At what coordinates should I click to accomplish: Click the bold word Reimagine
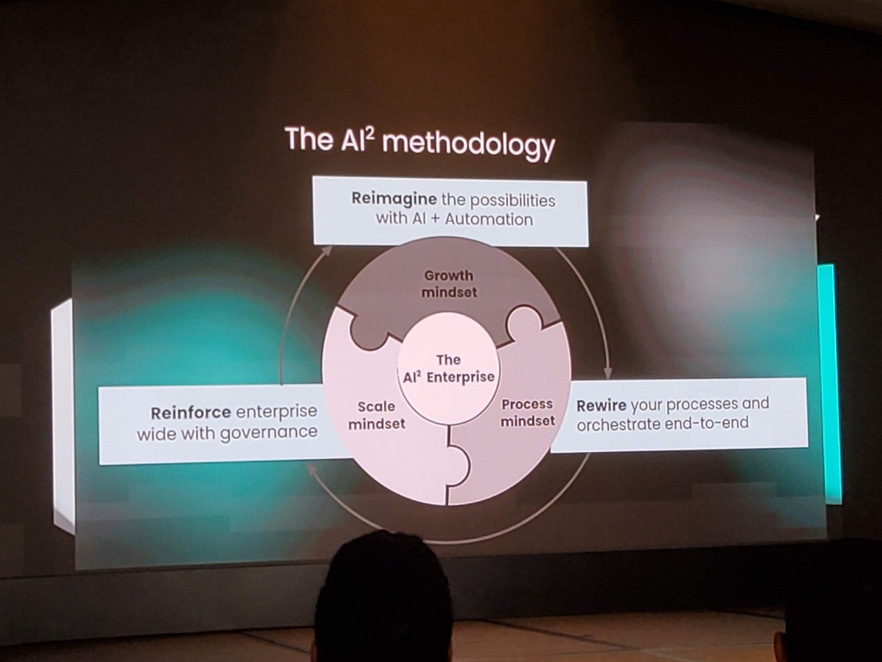pos(394,199)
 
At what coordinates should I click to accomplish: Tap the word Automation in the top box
pos(489,218)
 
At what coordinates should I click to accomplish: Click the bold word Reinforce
pos(191,412)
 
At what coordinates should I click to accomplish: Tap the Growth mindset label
pos(449,283)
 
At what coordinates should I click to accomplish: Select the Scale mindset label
pos(376,415)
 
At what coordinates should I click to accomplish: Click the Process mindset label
pos(527,412)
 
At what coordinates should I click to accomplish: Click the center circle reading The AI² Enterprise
pos(449,369)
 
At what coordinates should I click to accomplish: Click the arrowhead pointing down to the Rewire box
pos(607,372)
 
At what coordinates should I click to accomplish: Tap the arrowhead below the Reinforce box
pos(313,468)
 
